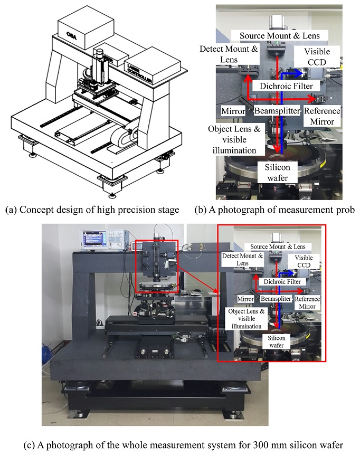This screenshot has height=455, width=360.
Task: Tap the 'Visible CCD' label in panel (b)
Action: pyautogui.click(x=317, y=57)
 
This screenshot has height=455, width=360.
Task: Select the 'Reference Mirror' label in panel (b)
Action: pyautogui.click(x=323, y=116)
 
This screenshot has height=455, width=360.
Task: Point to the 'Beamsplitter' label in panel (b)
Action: pyautogui.click(x=277, y=111)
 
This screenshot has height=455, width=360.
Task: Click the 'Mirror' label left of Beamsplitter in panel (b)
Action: pyautogui.click(x=233, y=111)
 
